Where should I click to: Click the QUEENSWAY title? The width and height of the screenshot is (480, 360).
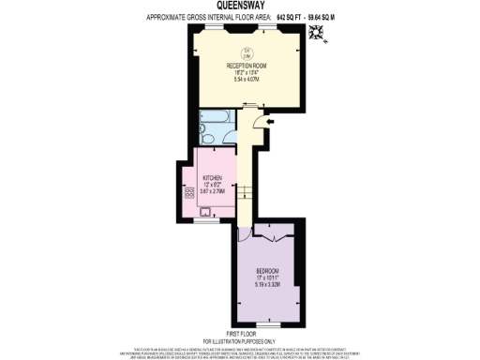[239, 5]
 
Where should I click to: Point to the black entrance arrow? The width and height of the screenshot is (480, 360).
[271, 120]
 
